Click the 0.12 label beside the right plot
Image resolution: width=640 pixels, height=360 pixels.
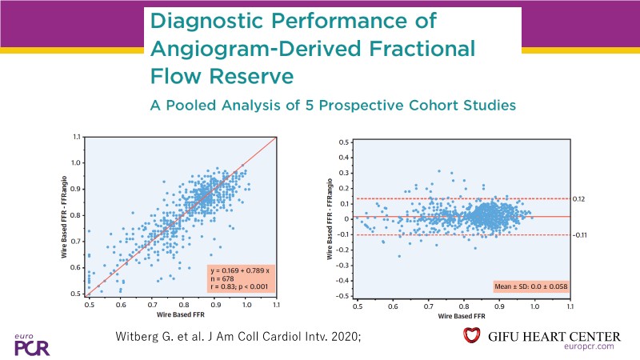[x=581, y=199]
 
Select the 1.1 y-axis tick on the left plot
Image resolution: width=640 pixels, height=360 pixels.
[x=76, y=137]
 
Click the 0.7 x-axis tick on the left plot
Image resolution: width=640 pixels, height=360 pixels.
[x=152, y=305]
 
